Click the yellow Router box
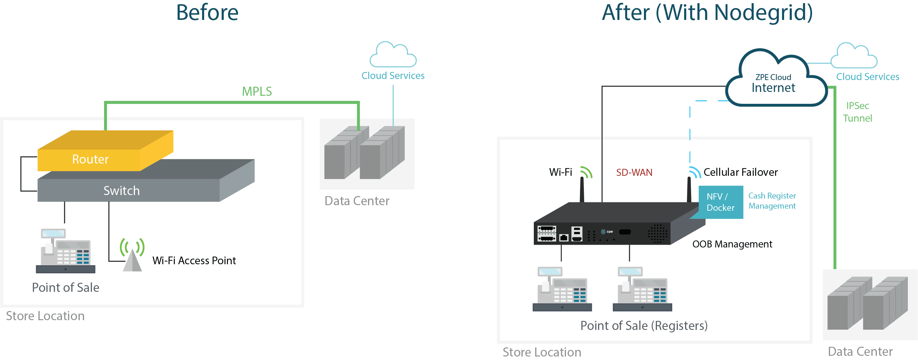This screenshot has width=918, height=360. point(91,159)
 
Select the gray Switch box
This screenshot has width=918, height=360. point(122,190)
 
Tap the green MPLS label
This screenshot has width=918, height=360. point(257,92)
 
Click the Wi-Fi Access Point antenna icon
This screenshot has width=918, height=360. point(132,255)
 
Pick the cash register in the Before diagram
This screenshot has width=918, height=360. point(66,251)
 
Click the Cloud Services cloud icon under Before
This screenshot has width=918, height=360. point(393,55)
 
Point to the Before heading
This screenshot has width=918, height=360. point(207,13)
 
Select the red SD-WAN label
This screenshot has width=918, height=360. point(634,173)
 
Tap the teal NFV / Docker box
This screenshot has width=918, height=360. point(720,202)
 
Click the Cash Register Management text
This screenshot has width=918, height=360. point(772,201)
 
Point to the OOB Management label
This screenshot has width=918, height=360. point(732,244)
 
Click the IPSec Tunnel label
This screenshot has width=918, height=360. point(858,112)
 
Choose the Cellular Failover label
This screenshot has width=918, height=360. point(740,172)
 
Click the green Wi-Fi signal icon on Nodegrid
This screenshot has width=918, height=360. point(586,173)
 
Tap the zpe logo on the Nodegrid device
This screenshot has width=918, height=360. point(607,232)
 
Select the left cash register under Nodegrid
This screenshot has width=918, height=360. point(562,289)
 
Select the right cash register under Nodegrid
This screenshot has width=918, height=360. point(642,289)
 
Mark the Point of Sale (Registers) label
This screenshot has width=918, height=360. point(644,326)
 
